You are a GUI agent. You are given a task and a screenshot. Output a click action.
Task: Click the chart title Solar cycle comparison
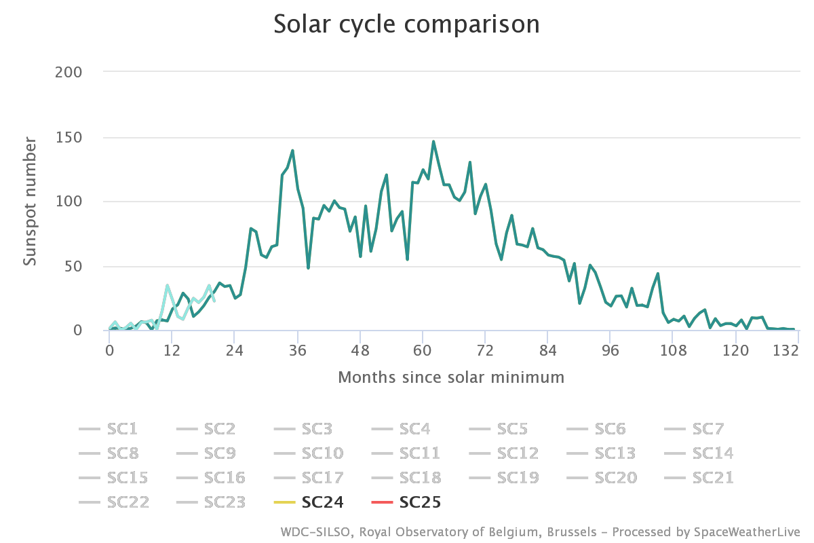[x=406, y=24]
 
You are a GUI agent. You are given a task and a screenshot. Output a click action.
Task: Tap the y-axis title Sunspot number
[x=30, y=201]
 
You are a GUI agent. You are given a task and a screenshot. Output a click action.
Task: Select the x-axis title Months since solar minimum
[x=450, y=377]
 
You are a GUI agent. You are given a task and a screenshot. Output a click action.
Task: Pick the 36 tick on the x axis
[x=297, y=351]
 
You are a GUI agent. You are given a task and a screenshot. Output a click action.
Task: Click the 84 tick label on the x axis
[x=548, y=351]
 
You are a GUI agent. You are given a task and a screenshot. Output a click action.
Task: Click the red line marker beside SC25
[x=383, y=502]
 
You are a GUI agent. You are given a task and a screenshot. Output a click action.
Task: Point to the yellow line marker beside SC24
[x=285, y=502]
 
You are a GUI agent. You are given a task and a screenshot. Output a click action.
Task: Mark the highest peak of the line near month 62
[x=433, y=141]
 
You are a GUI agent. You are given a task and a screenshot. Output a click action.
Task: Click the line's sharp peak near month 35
[x=292, y=150]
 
